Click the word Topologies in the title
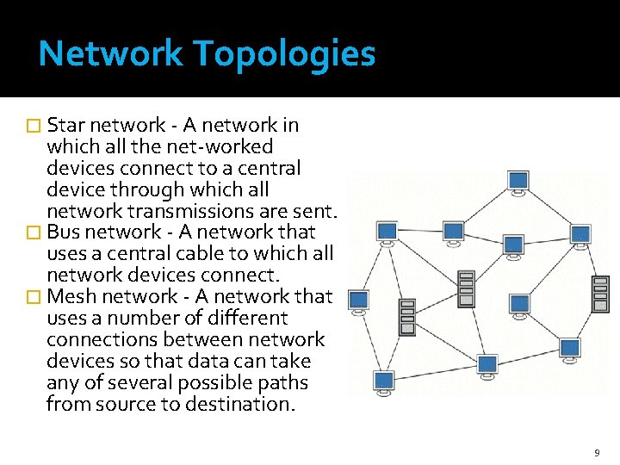pyautogui.click(x=283, y=54)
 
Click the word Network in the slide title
pyautogui.click(x=111, y=54)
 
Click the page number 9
pyautogui.click(x=597, y=452)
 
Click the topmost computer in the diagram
pyautogui.click(x=518, y=182)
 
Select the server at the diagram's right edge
pyautogui.click(x=600, y=294)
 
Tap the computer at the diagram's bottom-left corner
pyautogui.click(x=384, y=382)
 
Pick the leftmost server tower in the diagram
pyautogui.click(x=407, y=316)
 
